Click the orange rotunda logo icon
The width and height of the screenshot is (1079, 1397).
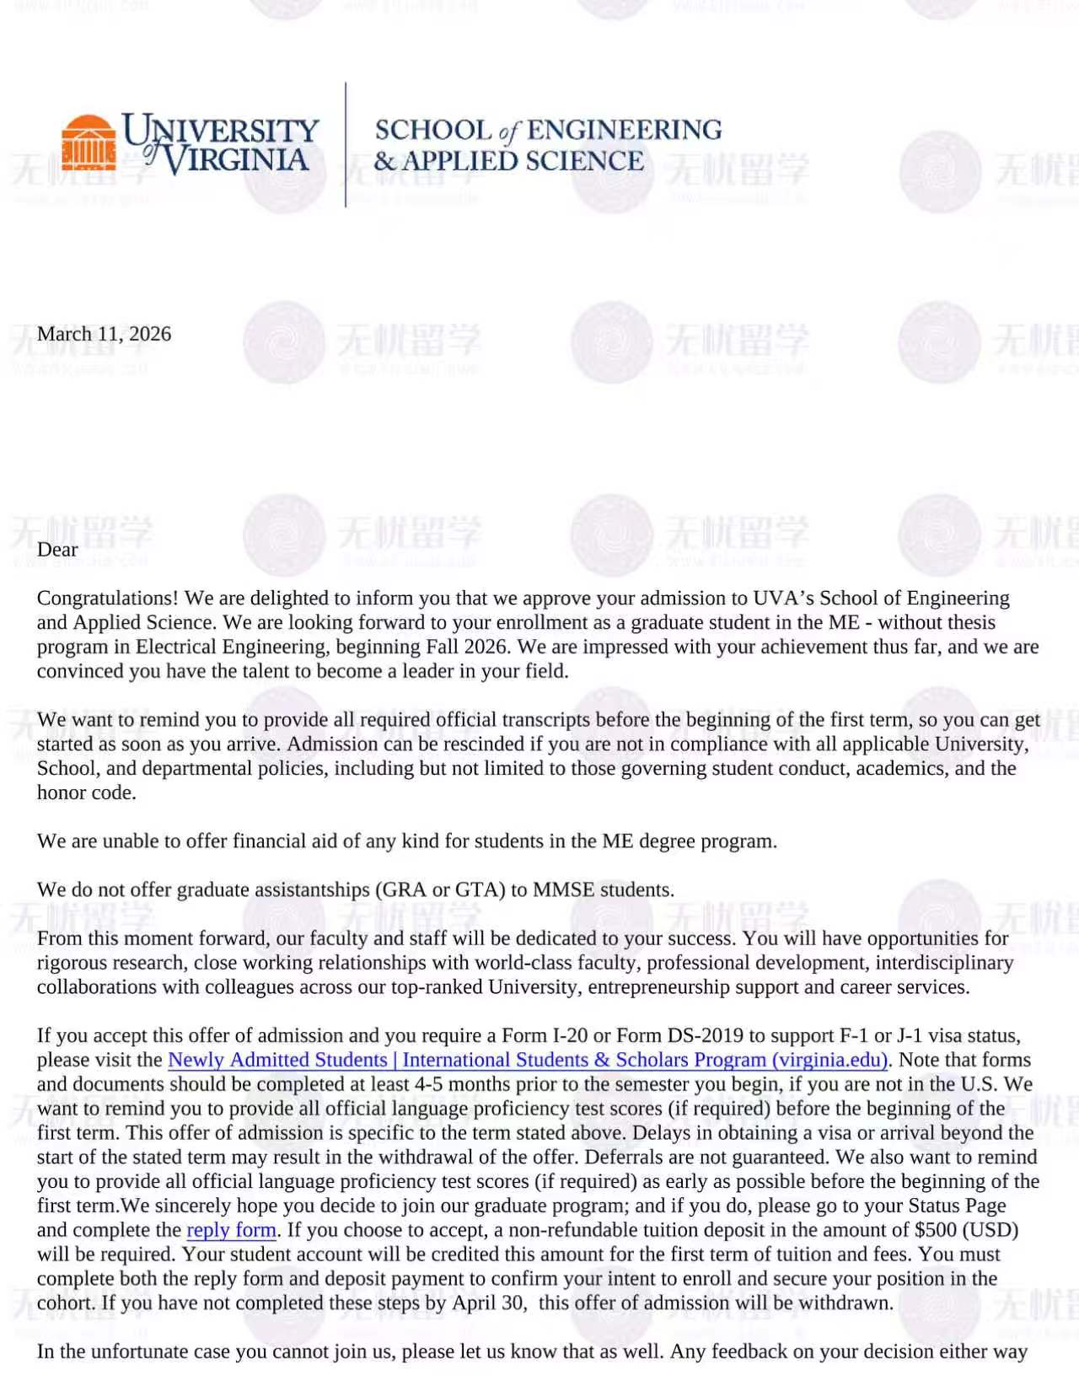coord(89,142)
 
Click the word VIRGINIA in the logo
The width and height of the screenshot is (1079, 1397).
coord(236,160)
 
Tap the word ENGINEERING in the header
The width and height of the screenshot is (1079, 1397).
coord(624,130)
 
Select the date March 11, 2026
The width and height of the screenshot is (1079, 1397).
coord(104,334)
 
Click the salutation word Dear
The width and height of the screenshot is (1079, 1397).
coord(57,550)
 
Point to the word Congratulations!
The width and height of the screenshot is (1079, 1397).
coord(107,599)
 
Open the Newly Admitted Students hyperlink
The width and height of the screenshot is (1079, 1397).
coord(528,1060)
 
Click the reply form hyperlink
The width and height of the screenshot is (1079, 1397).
coord(231,1230)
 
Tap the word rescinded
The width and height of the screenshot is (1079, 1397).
coord(476,744)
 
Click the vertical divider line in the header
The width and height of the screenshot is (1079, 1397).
coord(346,144)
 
